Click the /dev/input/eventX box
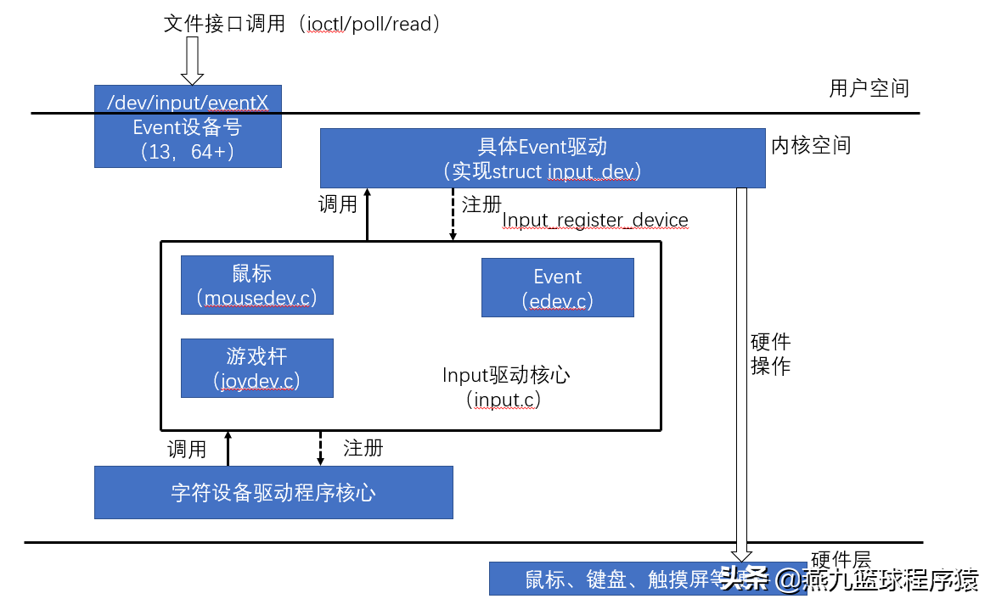point(188,126)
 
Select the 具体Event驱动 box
point(542,158)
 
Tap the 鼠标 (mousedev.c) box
point(256,285)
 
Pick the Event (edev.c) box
point(557,288)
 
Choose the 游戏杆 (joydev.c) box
point(256,368)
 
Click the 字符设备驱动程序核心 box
point(273,492)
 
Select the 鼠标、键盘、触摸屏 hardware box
point(611,579)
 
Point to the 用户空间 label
point(869,88)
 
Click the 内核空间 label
point(810,145)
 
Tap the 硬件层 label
point(841,559)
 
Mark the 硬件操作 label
point(771,354)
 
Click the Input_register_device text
point(595,221)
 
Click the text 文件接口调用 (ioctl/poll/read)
point(303,24)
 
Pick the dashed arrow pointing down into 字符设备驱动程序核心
point(320,448)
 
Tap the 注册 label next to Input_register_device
point(481,204)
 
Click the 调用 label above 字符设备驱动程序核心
point(187,449)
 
